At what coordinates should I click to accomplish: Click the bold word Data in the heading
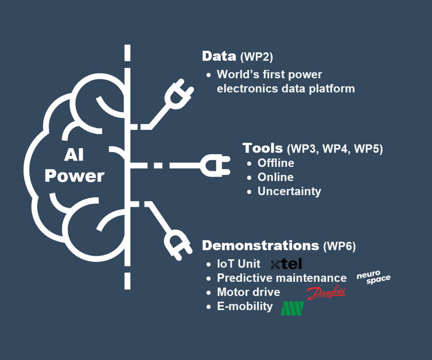tap(219, 57)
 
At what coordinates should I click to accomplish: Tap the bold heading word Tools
tap(262, 148)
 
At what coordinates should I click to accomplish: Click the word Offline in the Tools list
tap(276, 163)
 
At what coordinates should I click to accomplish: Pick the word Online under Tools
tap(275, 177)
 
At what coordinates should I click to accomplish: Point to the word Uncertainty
tap(289, 191)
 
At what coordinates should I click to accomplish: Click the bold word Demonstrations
tap(260, 245)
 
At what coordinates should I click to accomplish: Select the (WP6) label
tap(339, 246)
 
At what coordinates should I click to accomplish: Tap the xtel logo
tap(286, 264)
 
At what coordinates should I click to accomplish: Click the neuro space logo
tap(373, 278)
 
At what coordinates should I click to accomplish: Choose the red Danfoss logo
tap(326, 293)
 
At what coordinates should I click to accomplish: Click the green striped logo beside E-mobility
tap(292, 308)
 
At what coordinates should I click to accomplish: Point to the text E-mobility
tap(245, 307)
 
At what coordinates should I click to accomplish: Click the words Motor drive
tap(248, 292)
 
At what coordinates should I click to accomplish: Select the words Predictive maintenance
tap(282, 278)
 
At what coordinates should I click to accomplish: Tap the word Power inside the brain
tap(74, 176)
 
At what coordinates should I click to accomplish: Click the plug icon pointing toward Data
tap(178, 95)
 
